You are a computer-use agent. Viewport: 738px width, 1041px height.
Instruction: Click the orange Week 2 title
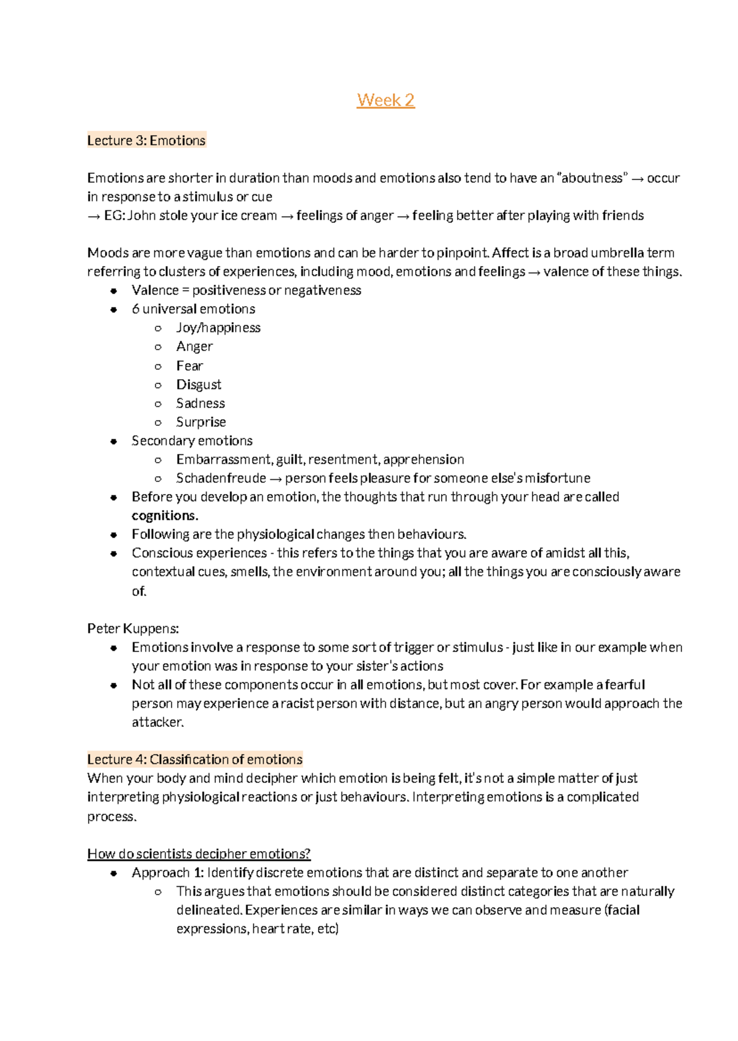[x=386, y=100]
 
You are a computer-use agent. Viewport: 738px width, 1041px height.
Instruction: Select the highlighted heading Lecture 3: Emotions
[x=146, y=141]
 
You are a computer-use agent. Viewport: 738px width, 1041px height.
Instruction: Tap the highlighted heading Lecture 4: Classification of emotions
[x=195, y=760]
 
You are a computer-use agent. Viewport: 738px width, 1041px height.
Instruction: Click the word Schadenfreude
[x=221, y=478]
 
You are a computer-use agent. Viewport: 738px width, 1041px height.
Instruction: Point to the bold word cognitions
[x=165, y=516]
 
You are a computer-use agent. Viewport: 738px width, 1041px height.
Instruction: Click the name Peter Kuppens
[x=132, y=629]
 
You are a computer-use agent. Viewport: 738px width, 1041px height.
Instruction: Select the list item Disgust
[x=199, y=385]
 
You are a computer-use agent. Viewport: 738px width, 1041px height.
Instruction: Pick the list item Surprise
[x=201, y=422]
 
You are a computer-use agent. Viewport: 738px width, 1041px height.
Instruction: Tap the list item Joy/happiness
[x=218, y=328]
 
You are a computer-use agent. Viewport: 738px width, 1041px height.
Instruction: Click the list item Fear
[x=189, y=366]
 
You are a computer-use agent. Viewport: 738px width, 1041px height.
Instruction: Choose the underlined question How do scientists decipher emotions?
[x=199, y=854]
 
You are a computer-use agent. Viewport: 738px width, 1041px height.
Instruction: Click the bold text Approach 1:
[x=167, y=873]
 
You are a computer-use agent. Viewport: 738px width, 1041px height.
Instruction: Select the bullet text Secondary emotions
[x=192, y=441]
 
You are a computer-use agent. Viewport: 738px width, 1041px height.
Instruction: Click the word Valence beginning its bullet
[x=154, y=290]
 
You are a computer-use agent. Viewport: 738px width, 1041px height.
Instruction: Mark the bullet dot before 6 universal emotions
[x=114, y=310]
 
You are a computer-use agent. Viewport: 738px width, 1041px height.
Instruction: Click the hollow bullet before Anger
[x=158, y=347]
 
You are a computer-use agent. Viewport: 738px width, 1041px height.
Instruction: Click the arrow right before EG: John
[x=93, y=216]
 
